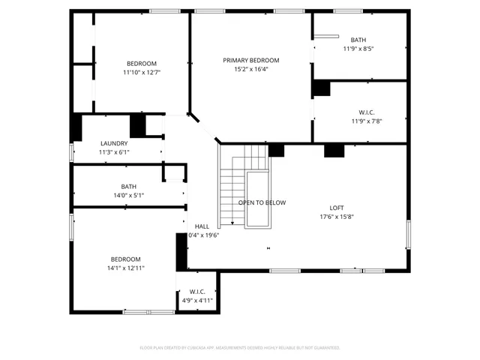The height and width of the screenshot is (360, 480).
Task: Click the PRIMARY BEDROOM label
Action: pos(250,60)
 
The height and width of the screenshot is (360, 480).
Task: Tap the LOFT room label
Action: pos(337,208)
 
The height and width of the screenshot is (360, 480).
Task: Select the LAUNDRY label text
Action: pos(114,143)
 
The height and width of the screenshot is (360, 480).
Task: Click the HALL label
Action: pos(202,226)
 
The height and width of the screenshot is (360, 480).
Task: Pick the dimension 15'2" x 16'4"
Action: pos(250,69)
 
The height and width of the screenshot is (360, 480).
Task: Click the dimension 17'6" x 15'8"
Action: pos(337,217)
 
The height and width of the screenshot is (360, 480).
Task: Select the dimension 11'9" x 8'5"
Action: pos(358,49)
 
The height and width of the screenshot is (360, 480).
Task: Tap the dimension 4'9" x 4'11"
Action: pos(197,300)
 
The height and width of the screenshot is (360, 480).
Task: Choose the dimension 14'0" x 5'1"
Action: pos(128,195)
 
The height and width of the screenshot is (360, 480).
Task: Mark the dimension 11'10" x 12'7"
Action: pos(142,72)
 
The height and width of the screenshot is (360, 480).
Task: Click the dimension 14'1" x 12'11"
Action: pos(125,268)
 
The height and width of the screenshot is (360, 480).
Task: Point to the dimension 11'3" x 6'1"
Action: pos(114,152)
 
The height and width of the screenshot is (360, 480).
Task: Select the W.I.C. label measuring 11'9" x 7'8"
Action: pos(367,112)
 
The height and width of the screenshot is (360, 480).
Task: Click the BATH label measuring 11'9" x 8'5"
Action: pos(358,40)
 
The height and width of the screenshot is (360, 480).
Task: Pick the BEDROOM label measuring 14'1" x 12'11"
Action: pos(125,259)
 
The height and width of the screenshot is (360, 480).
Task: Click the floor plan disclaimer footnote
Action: pos(240,347)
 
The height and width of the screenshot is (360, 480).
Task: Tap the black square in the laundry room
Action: pos(138,124)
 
